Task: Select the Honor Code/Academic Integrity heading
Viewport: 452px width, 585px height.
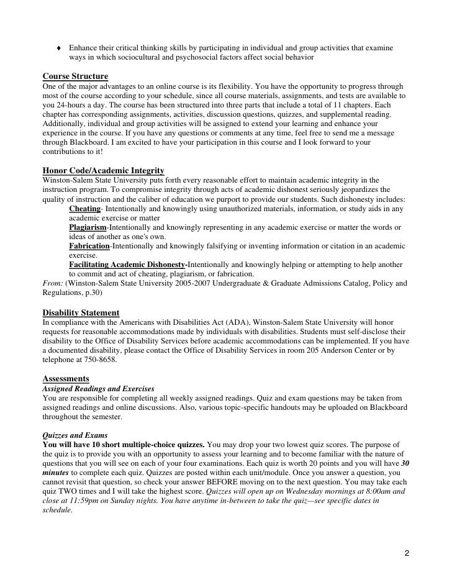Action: (103, 170)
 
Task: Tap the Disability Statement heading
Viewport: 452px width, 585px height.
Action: (81, 312)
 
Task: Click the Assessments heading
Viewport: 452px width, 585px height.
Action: (66, 378)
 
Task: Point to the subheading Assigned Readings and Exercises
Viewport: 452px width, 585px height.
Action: (99, 388)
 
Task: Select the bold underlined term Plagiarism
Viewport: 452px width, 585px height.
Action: (88, 227)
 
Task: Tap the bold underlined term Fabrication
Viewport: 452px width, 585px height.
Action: (89, 246)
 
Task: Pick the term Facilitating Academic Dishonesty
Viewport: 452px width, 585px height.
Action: (127, 265)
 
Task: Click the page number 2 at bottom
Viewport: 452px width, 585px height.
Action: (406, 553)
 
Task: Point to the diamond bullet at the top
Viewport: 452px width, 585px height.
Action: (58, 48)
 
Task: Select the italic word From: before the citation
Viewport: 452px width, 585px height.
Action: (52, 283)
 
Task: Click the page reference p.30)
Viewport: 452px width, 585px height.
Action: (91, 292)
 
